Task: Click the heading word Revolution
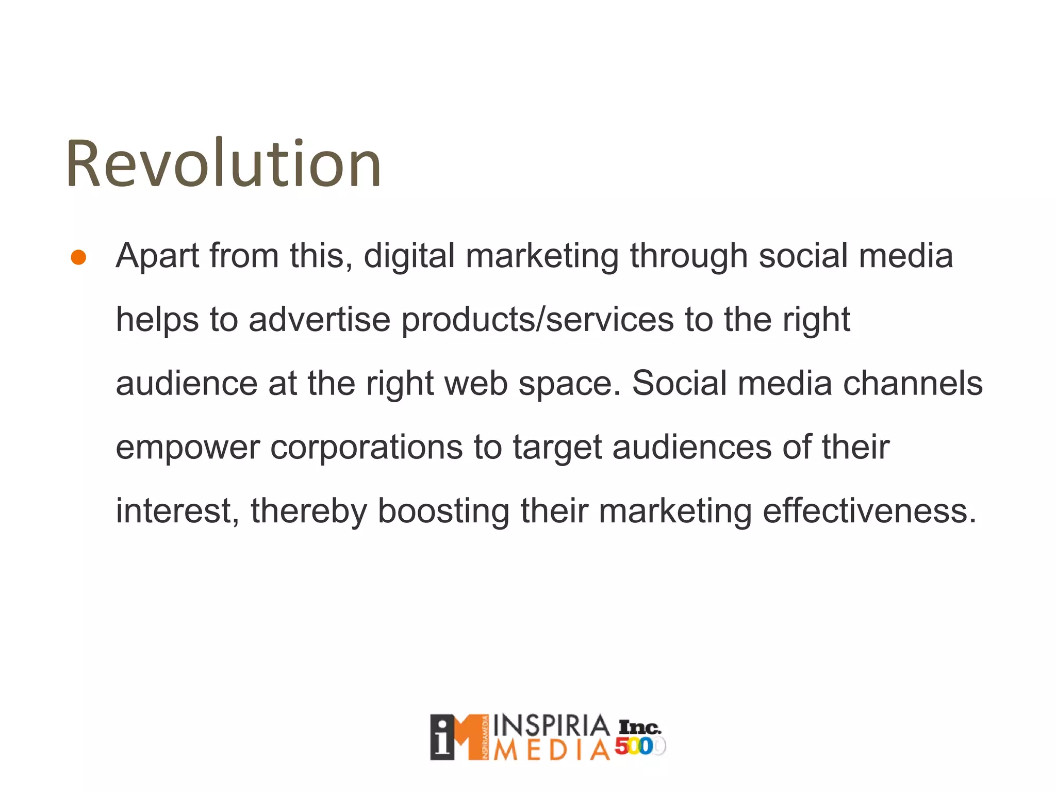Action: click(x=223, y=164)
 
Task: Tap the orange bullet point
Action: click(x=78, y=257)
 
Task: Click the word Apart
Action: click(x=157, y=256)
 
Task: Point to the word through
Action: click(x=689, y=256)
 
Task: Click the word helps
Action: click(x=157, y=320)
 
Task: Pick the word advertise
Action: click(x=319, y=320)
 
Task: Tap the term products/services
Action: click(x=537, y=320)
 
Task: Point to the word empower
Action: click(x=187, y=448)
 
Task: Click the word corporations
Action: click(x=366, y=448)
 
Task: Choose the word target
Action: click(x=557, y=448)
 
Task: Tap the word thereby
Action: click(x=308, y=511)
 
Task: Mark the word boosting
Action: click(x=443, y=511)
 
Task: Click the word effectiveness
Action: click(x=869, y=511)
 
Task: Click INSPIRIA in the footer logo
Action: click(x=551, y=726)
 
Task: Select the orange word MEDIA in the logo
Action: click(x=551, y=750)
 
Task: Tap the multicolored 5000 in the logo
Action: click(x=640, y=746)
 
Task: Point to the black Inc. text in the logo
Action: click(x=639, y=727)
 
